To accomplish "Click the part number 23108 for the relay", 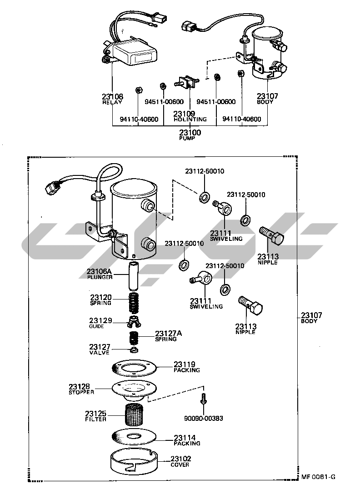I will click(112, 96).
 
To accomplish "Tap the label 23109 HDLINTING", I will click(190, 116).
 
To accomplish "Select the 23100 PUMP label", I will click(190, 135).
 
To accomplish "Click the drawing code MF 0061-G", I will click(318, 477).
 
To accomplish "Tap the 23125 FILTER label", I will click(95, 416).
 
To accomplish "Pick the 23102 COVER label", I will click(180, 461).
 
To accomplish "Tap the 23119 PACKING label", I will click(186, 367).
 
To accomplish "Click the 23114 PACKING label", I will click(186, 440).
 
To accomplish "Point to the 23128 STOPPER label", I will click(82, 389).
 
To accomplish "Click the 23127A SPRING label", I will click(168, 336).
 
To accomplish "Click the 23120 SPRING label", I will click(100, 299).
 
